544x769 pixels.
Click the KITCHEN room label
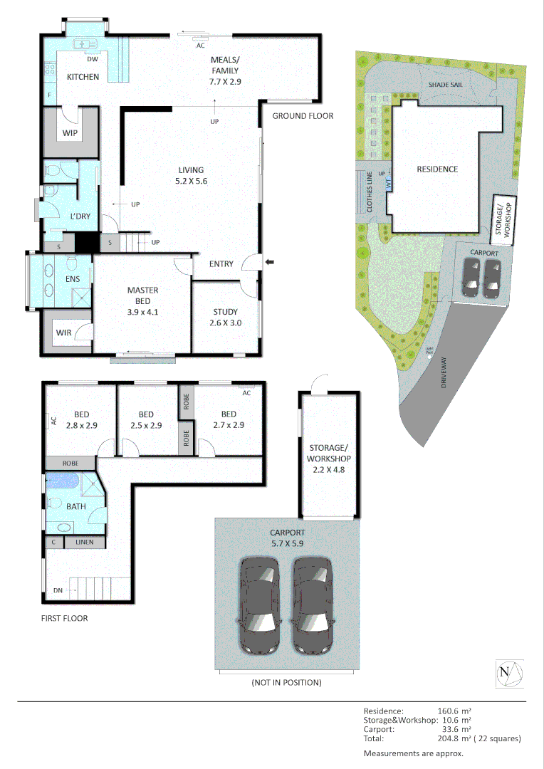[x=83, y=77]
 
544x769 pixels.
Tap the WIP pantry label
[x=70, y=133]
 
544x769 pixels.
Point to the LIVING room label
[x=191, y=170]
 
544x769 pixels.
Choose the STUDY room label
[x=226, y=311]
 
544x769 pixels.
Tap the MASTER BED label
[x=142, y=291]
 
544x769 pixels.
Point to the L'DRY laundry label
[x=80, y=216]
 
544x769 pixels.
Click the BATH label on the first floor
[x=76, y=507]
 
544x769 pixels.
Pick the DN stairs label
[x=58, y=590]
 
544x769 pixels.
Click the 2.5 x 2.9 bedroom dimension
[x=147, y=425]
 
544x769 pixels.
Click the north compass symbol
[x=509, y=673]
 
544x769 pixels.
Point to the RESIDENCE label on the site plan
[x=437, y=169]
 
